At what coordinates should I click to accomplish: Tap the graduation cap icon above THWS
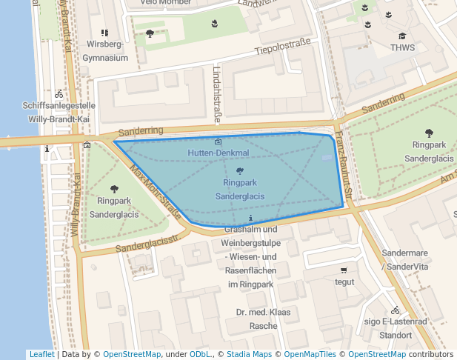pos(402,36)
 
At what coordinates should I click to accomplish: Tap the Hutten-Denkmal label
pos(218,153)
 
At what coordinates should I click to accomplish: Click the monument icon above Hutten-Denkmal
pos(217,141)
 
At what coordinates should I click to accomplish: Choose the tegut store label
pos(344,281)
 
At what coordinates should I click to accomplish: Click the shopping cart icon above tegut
pos(344,270)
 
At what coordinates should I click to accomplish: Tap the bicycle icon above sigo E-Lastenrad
pos(396,310)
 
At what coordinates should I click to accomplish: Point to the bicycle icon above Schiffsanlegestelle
pos(59,94)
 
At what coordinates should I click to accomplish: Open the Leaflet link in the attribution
pos(41,354)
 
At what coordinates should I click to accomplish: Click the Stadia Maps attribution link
pos(248,354)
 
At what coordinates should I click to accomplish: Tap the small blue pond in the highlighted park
pos(327,157)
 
